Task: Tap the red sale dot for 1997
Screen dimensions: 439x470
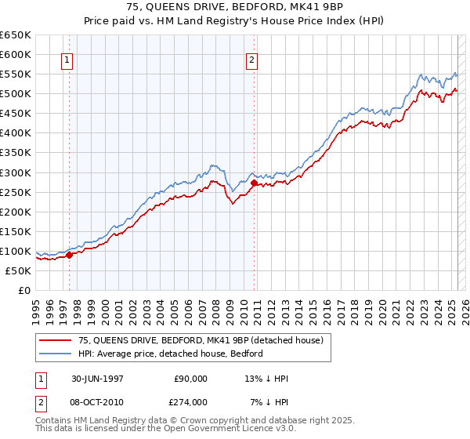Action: [70, 254]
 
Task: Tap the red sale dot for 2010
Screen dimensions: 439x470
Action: [254, 183]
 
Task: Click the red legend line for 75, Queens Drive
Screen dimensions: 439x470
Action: [56, 339]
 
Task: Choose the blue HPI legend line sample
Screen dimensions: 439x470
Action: [56, 354]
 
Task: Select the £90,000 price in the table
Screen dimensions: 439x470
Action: [190, 379]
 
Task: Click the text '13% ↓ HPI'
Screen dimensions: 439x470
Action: [266, 379]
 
